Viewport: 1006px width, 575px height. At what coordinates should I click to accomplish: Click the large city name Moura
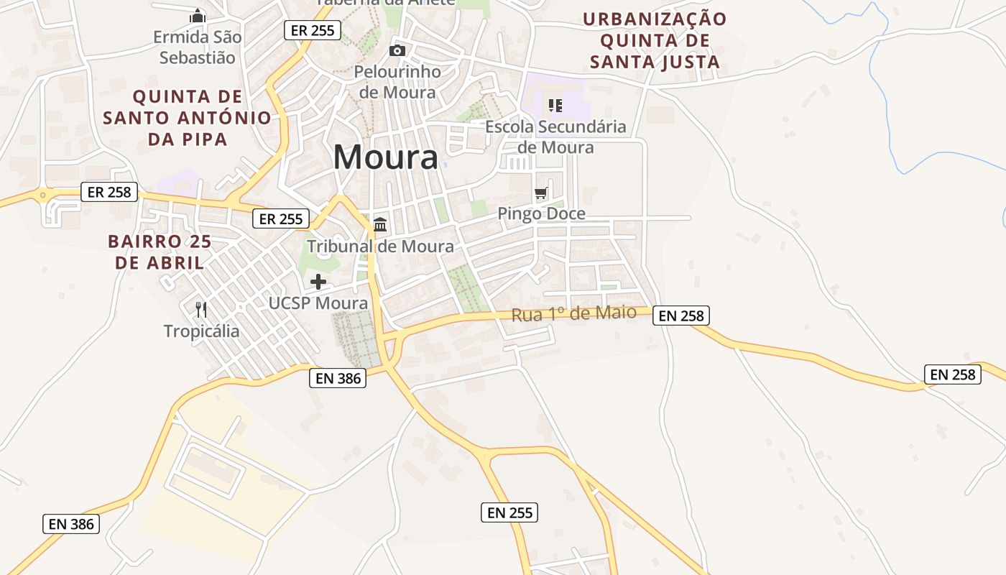point(385,157)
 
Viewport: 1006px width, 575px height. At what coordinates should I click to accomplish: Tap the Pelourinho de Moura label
point(397,82)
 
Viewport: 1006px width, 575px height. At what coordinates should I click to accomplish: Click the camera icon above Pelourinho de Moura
point(397,50)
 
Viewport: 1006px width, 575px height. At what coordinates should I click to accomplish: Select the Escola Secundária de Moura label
point(555,137)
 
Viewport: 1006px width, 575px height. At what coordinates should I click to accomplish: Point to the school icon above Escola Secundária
point(555,106)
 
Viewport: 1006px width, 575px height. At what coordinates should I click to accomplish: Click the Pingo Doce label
point(541,213)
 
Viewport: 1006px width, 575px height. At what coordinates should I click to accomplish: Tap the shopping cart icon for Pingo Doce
point(541,193)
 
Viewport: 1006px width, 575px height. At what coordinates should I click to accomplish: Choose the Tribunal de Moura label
point(380,247)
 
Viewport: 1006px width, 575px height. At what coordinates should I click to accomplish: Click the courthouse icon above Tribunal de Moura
point(380,225)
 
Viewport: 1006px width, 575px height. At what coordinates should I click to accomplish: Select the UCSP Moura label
point(318,303)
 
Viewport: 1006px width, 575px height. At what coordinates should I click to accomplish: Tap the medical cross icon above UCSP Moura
point(318,282)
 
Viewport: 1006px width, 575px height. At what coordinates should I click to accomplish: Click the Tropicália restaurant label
point(201,331)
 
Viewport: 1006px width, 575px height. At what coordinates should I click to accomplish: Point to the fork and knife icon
point(201,310)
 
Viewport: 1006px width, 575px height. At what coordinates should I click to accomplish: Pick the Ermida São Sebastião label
point(198,47)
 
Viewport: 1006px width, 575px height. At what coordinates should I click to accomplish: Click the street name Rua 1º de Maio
point(573,313)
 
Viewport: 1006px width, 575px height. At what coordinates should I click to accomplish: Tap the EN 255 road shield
point(509,512)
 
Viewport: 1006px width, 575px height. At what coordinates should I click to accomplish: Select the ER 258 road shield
point(109,192)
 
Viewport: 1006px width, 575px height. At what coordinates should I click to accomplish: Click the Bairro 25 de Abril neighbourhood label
point(160,252)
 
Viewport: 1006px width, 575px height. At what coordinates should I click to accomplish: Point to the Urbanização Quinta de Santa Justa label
point(655,40)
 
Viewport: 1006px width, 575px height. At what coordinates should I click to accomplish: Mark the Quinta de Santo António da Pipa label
point(188,117)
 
